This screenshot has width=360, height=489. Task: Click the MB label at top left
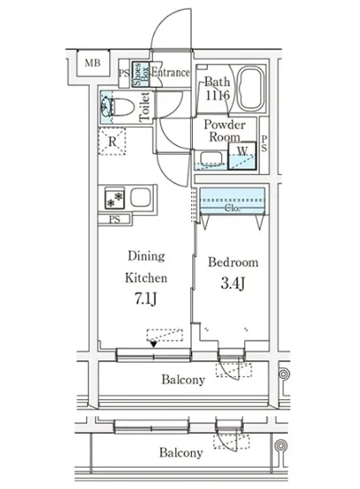point(92,63)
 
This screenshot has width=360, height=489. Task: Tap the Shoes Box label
point(140,74)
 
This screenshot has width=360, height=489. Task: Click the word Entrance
point(171,73)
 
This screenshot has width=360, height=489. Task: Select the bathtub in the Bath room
point(251,88)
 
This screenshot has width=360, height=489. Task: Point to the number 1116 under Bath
point(217,95)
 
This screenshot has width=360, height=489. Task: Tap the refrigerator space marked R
point(112,141)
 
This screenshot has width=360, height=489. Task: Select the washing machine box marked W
point(242,156)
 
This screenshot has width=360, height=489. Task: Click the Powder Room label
point(224,131)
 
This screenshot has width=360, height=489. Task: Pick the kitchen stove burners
point(115,200)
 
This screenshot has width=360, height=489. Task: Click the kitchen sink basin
point(140,197)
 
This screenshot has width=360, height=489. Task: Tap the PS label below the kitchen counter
point(115,220)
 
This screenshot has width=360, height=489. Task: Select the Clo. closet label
point(233,208)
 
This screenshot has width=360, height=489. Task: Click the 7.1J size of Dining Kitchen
point(146,299)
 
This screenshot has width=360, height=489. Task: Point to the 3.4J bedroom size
point(233,283)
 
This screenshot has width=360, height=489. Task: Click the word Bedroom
point(233,262)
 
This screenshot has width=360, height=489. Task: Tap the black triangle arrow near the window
point(154,344)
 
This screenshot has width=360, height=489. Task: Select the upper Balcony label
point(183,380)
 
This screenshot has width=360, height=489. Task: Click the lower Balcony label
point(181,453)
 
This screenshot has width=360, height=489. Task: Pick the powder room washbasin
point(210,157)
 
